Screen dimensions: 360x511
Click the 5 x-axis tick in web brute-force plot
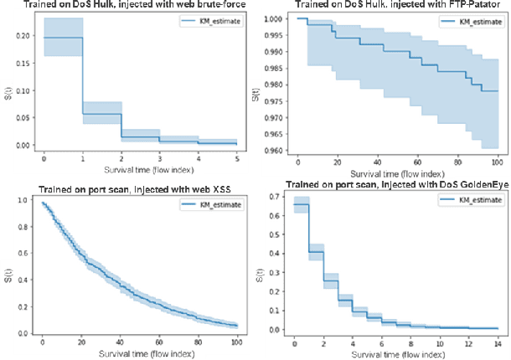coord(237,158)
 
